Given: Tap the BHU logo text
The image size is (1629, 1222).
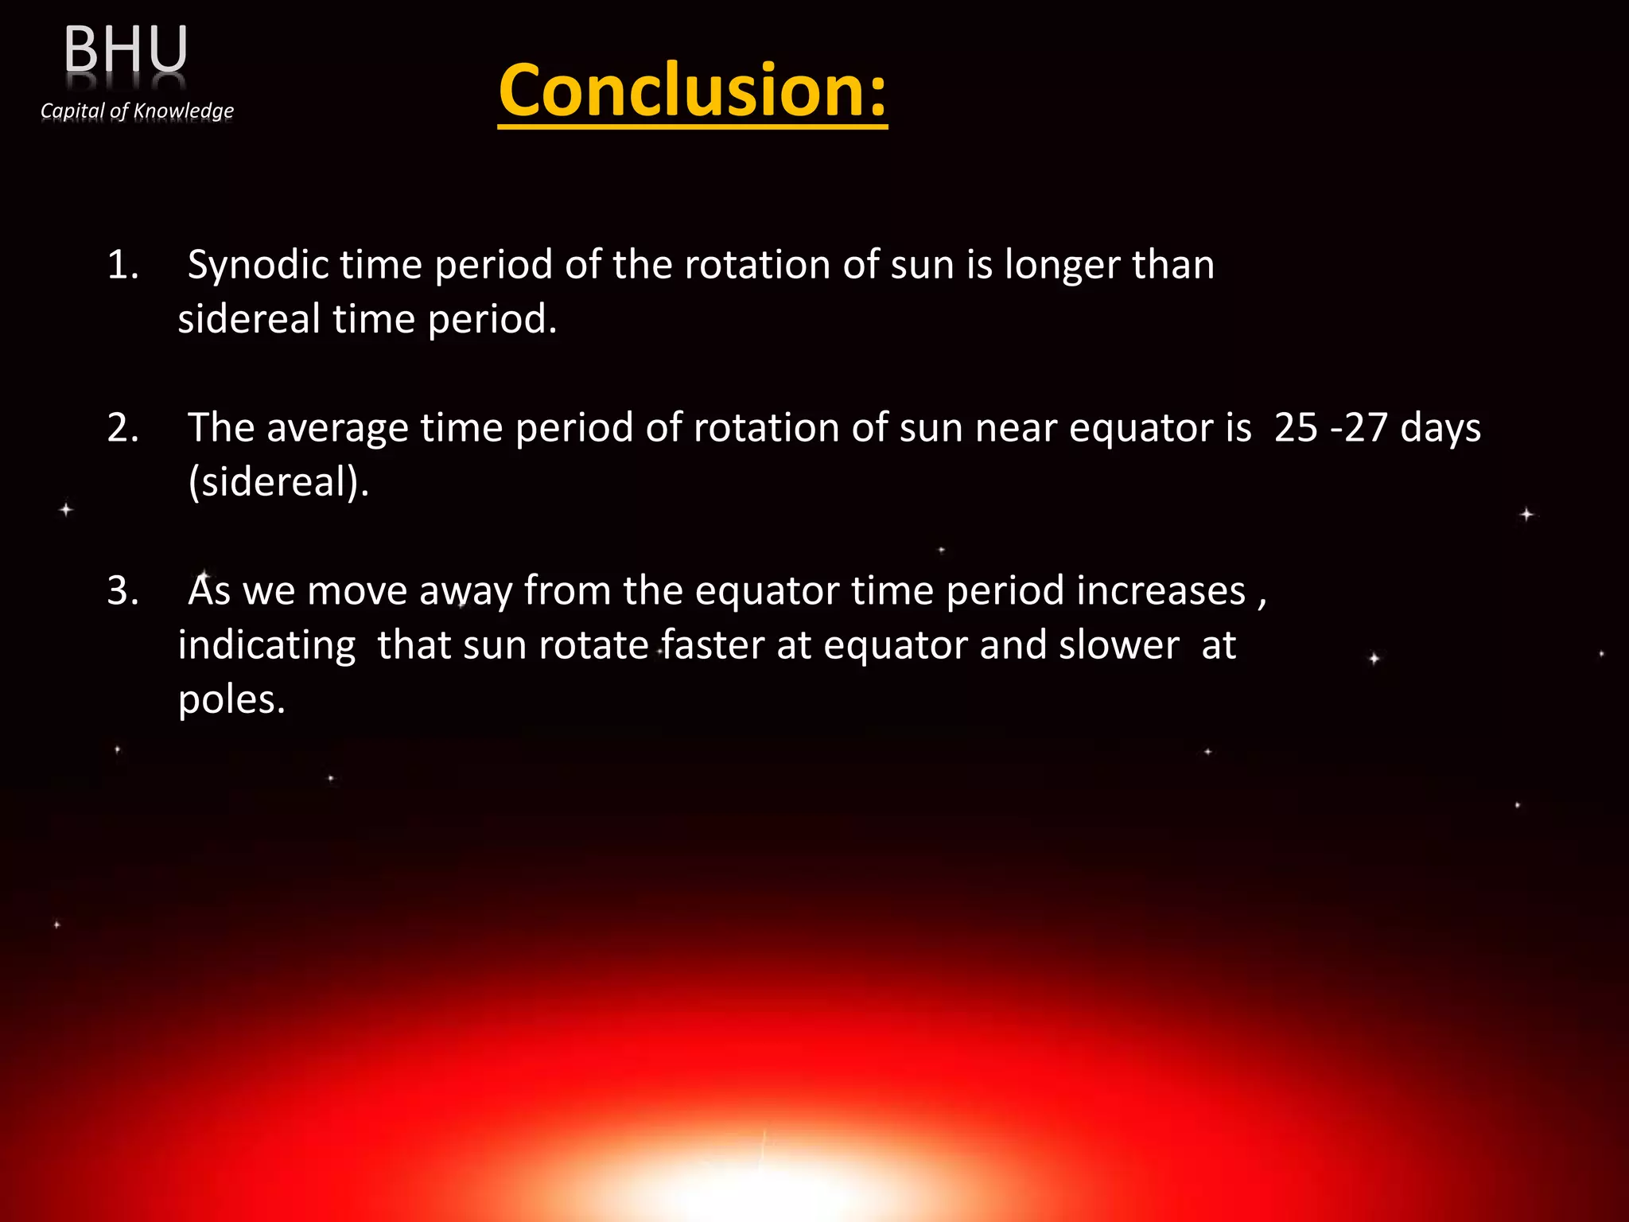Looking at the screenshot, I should [126, 49].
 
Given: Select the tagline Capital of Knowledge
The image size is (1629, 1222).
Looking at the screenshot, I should [137, 111].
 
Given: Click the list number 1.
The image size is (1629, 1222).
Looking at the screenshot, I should [122, 265].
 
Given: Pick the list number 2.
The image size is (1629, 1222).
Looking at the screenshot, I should [122, 428].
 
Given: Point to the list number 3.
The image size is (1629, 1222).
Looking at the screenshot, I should [122, 591].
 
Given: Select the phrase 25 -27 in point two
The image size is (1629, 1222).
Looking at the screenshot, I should [1331, 428].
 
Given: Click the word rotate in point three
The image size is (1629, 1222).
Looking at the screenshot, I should [593, 645].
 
